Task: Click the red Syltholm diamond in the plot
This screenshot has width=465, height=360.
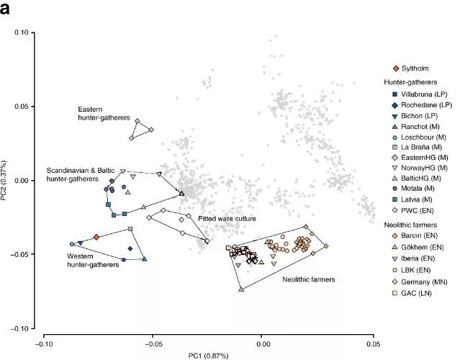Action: click(96, 237)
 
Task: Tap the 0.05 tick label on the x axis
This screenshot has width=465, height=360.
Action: click(374, 343)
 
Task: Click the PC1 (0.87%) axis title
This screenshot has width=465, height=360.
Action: click(208, 355)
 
